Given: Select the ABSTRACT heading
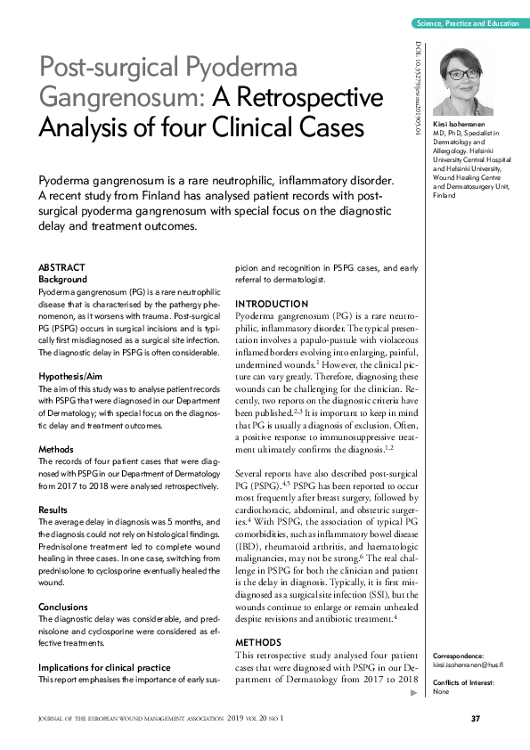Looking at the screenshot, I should [61, 267].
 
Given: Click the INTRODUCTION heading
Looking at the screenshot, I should [271, 304].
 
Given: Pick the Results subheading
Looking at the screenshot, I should [53, 510].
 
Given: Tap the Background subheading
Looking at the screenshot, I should [63, 279].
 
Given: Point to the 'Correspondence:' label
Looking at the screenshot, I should [460, 655].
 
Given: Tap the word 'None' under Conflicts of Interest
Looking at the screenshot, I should [440, 692].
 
